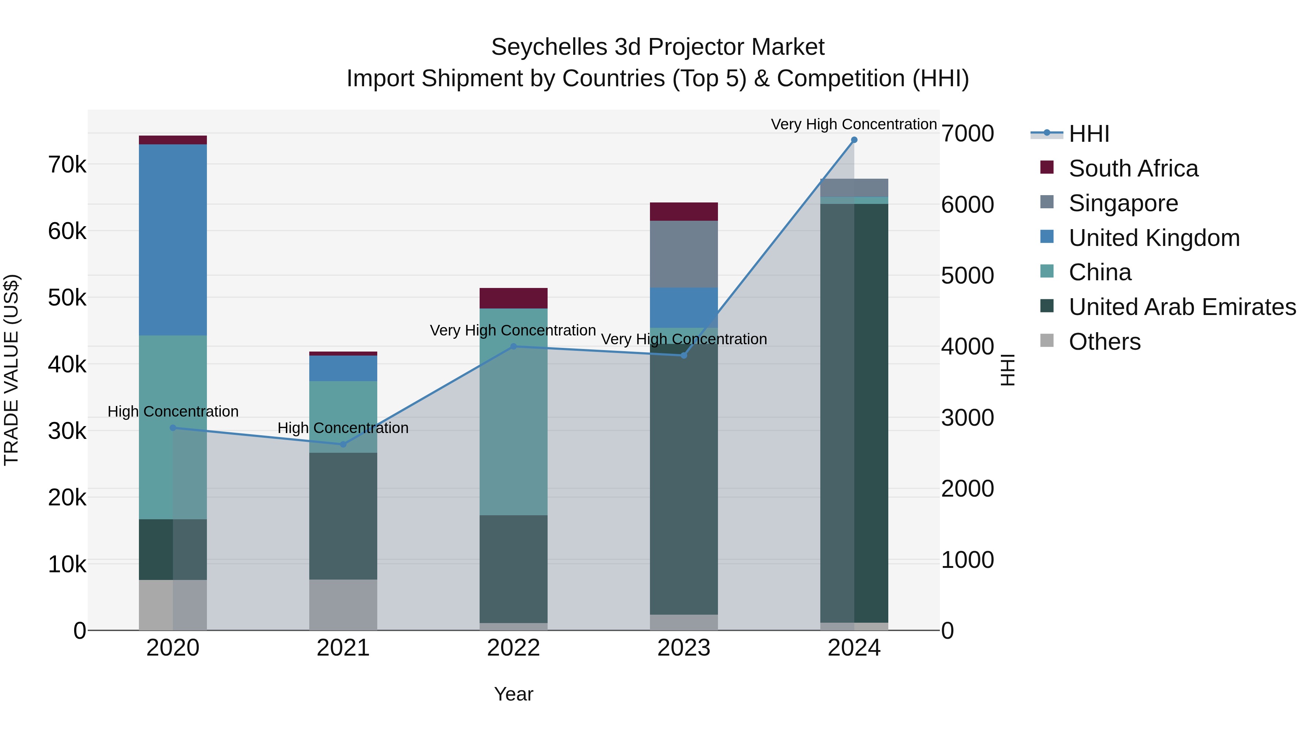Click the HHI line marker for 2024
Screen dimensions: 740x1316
pyautogui.click(x=854, y=140)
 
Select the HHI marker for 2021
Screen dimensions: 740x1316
pyautogui.click(x=343, y=444)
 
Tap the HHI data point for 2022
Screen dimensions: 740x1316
pyautogui.click(x=514, y=346)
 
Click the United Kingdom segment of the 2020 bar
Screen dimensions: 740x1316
pyautogui.click(x=173, y=240)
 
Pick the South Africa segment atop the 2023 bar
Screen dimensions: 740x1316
pyautogui.click(x=684, y=212)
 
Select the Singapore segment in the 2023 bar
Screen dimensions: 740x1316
pyautogui.click(x=684, y=254)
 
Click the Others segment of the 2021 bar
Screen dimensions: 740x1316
pyautogui.click(x=343, y=605)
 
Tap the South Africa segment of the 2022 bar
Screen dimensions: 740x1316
pyautogui.click(x=514, y=298)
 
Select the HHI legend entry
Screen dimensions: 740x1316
pyautogui.click(x=1088, y=134)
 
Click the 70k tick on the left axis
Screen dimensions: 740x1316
pyautogui.click(x=67, y=165)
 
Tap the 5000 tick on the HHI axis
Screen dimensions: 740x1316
pyautogui.click(x=967, y=276)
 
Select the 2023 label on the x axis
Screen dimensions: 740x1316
pyautogui.click(x=684, y=648)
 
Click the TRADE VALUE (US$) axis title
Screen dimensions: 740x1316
pyautogui.click(x=11, y=370)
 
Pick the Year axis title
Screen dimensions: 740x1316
pyautogui.click(x=514, y=694)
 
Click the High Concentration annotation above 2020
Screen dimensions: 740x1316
pyautogui.click(x=173, y=411)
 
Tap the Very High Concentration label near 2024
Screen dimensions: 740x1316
pyautogui.click(x=854, y=125)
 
